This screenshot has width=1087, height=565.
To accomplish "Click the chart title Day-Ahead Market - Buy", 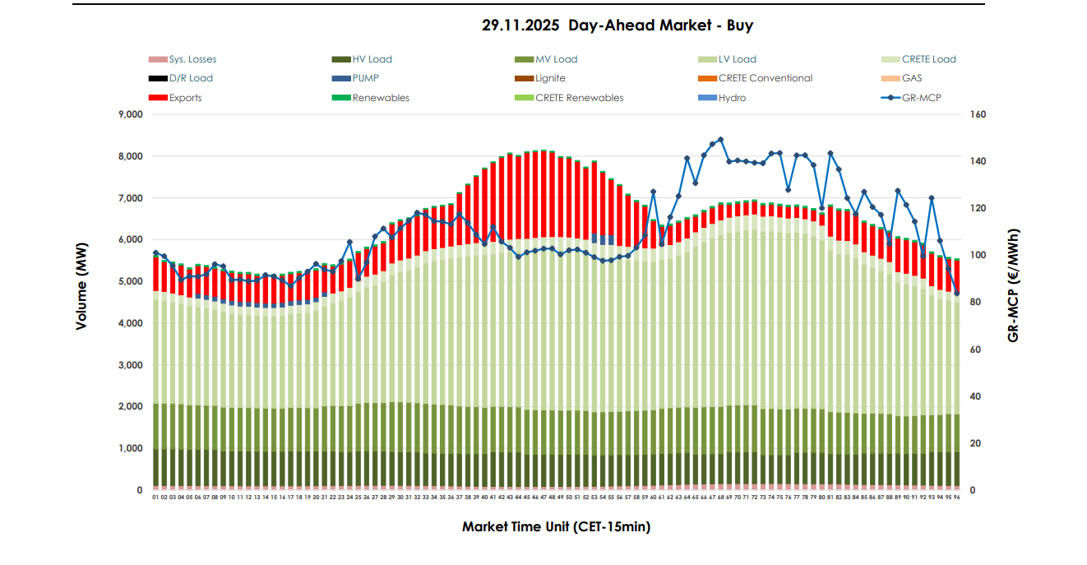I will tap(618, 25).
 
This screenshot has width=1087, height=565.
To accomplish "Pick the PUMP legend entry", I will tap(365, 78).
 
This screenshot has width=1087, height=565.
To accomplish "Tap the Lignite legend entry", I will tap(549, 78).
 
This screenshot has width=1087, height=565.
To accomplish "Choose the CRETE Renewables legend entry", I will tap(579, 98).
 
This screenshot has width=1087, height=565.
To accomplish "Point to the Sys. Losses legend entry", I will tap(192, 59).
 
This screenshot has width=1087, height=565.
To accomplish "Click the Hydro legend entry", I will tap(731, 98).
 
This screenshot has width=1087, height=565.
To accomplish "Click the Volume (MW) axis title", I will tap(81, 303).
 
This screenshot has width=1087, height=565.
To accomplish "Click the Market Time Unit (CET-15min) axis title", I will tap(556, 526).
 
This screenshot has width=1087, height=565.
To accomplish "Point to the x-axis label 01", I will tap(155, 497).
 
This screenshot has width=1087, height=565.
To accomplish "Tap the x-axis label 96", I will tap(957, 497).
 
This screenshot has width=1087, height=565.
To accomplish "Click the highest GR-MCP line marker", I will tap(720, 140).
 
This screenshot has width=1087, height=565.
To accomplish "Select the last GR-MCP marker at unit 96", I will tap(957, 293).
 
